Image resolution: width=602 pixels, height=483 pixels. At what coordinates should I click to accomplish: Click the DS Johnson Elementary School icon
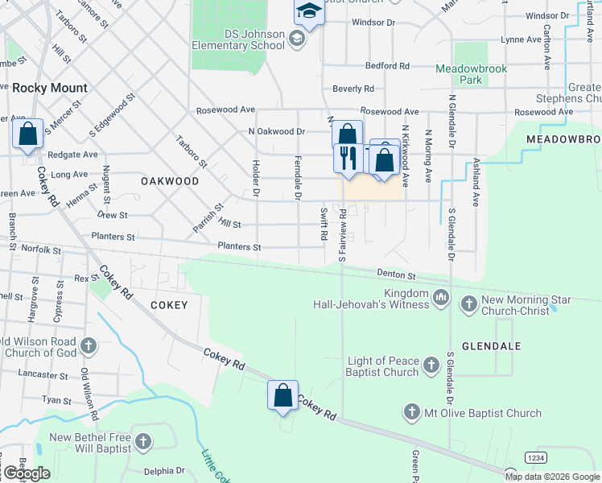point(297,39)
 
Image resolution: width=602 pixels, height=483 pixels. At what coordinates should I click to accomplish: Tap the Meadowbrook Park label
point(471,74)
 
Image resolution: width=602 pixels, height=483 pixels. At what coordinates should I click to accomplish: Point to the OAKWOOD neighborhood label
point(170,181)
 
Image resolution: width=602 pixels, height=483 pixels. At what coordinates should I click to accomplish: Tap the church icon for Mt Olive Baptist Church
point(411,413)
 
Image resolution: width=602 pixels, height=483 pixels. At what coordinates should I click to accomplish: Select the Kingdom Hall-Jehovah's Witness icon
point(440,299)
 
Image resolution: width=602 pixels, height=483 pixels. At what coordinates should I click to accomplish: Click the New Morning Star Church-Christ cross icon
point(468,305)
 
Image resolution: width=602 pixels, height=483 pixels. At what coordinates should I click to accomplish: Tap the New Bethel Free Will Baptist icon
point(143,441)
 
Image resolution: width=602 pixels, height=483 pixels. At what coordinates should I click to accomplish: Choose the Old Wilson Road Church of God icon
point(89,346)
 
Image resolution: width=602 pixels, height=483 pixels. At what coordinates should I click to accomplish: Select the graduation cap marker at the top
point(307,11)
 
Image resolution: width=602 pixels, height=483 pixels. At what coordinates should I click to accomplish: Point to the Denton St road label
point(394,275)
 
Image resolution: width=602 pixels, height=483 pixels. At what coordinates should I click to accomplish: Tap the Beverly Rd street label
point(353,89)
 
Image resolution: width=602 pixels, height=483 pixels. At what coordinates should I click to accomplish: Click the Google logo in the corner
point(27,473)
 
